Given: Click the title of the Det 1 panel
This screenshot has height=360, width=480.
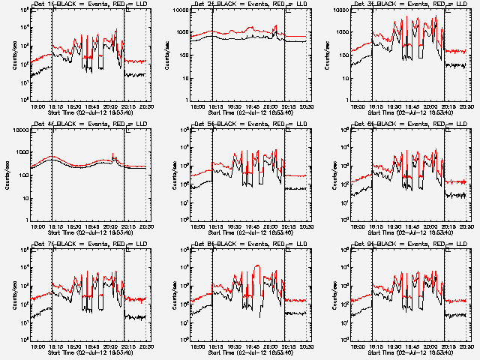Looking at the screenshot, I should [x=91, y=5].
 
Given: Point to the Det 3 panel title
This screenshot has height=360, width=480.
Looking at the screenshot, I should [x=411, y=5].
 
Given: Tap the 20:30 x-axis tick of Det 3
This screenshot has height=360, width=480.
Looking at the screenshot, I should [x=467, y=106].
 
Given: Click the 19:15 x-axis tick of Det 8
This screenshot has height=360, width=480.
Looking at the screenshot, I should [x=217, y=346].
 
